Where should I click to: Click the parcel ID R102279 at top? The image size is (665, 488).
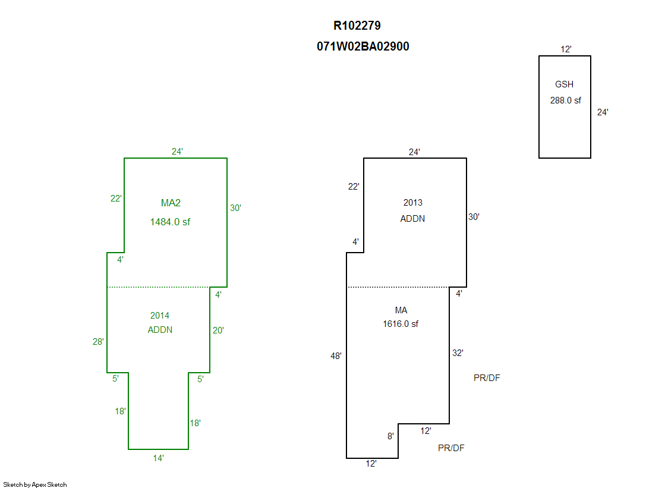357,26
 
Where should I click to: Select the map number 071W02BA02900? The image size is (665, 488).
363,46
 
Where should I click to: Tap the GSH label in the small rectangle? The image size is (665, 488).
564,84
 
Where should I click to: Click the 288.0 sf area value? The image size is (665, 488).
565,100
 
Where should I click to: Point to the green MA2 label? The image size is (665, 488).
171,203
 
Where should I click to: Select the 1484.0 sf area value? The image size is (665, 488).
170,222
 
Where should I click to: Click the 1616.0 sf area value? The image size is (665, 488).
401,324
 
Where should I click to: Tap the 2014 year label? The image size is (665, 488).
160,316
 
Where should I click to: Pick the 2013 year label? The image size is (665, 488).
412,203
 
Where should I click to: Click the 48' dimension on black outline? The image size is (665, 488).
336,356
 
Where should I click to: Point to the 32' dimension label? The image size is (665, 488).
458,352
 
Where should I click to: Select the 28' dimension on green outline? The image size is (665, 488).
98,342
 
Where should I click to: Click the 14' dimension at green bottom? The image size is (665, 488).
158,458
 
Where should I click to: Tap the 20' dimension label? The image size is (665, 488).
218,330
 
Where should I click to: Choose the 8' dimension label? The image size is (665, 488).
390,436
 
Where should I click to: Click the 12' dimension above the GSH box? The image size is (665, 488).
566,49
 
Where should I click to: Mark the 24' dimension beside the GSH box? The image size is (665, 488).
603,112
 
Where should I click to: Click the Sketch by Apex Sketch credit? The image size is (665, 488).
35,484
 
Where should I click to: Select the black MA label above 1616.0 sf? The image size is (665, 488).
401,310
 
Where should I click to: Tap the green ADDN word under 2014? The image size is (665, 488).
160,330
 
